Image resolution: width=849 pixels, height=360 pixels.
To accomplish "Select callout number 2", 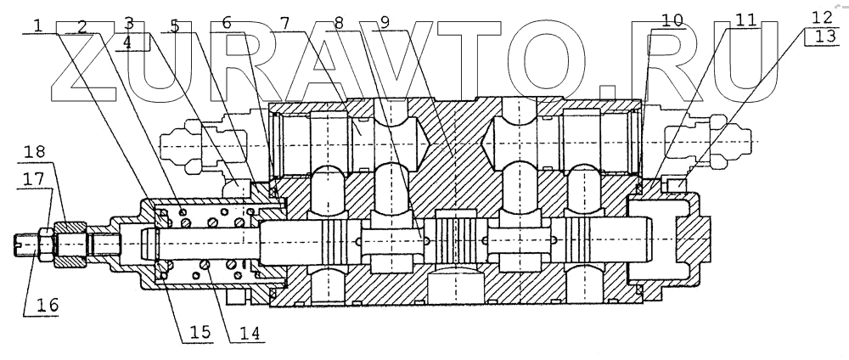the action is click(82, 25).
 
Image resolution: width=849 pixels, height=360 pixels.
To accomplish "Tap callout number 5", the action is click(174, 25).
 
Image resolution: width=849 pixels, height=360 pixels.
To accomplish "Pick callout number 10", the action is click(671, 21).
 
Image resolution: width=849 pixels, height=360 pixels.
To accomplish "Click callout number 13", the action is click(822, 39).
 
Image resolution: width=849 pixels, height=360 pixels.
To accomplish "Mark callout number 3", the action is click(128, 22).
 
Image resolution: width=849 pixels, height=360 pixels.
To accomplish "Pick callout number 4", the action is click(128, 41).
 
